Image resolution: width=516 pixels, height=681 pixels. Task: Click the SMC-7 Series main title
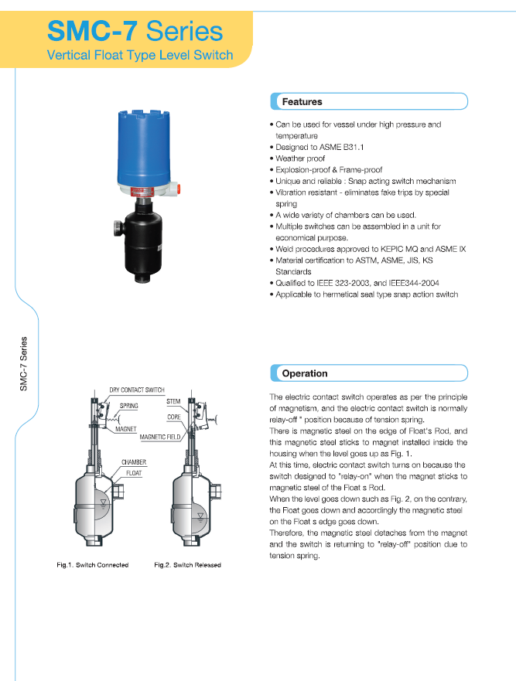(x=135, y=31)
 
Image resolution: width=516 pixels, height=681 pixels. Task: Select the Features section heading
(x=302, y=101)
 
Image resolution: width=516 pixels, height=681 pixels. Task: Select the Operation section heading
(x=304, y=373)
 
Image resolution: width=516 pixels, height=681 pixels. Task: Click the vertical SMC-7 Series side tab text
(x=24, y=363)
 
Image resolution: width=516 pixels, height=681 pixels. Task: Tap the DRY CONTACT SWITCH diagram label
(x=137, y=390)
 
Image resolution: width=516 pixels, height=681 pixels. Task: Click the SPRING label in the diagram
(x=128, y=405)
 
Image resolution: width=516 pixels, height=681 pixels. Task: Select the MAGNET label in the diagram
(x=126, y=427)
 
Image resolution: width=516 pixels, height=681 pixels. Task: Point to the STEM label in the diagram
(x=173, y=402)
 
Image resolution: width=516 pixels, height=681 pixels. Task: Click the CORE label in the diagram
(x=174, y=417)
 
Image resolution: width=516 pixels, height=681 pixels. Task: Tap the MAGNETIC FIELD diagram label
(x=160, y=437)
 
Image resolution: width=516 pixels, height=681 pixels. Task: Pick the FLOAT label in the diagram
(x=134, y=472)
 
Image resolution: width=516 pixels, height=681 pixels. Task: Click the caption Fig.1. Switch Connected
(x=93, y=565)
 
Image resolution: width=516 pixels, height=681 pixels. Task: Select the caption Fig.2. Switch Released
(x=187, y=565)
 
